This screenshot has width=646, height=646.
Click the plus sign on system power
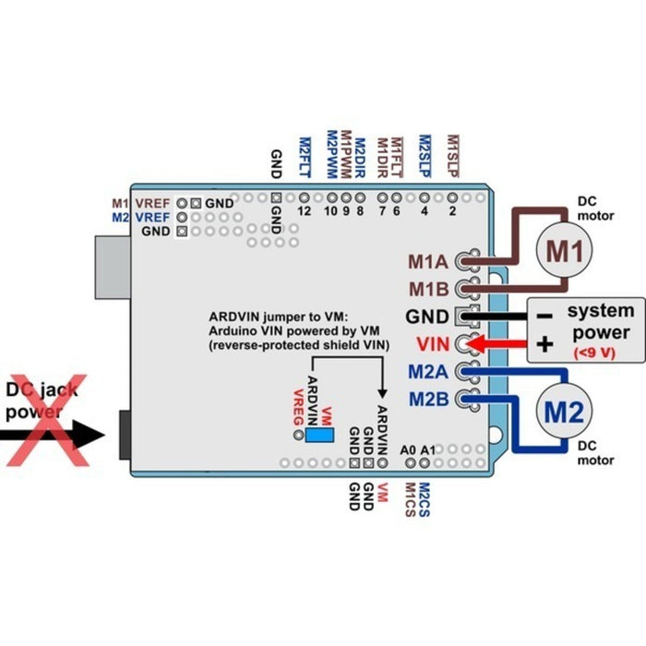544,344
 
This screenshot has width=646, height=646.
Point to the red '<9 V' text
595,353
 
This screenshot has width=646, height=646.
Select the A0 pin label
409,449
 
